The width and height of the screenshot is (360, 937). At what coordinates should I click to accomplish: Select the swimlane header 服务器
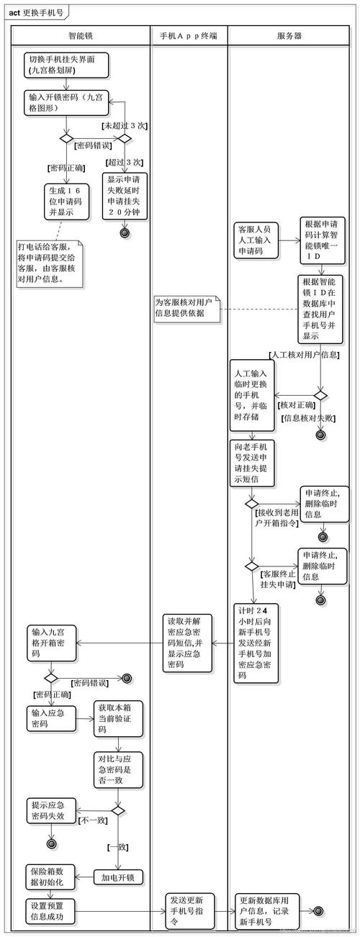pyautogui.click(x=289, y=35)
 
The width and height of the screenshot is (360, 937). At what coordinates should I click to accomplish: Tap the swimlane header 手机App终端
pyautogui.click(x=189, y=35)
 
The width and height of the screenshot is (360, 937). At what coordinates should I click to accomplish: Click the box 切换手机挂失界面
pyautogui.click(x=67, y=65)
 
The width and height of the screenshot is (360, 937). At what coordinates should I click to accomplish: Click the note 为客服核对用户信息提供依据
pyautogui.click(x=186, y=308)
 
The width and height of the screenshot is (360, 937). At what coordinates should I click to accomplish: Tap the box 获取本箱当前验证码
pyautogui.click(x=117, y=719)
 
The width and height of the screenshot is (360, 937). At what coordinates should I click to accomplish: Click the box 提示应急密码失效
pyautogui.click(x=51, y=810)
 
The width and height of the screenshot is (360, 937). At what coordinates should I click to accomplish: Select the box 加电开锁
pyautogui.click(x=118, y=877)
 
